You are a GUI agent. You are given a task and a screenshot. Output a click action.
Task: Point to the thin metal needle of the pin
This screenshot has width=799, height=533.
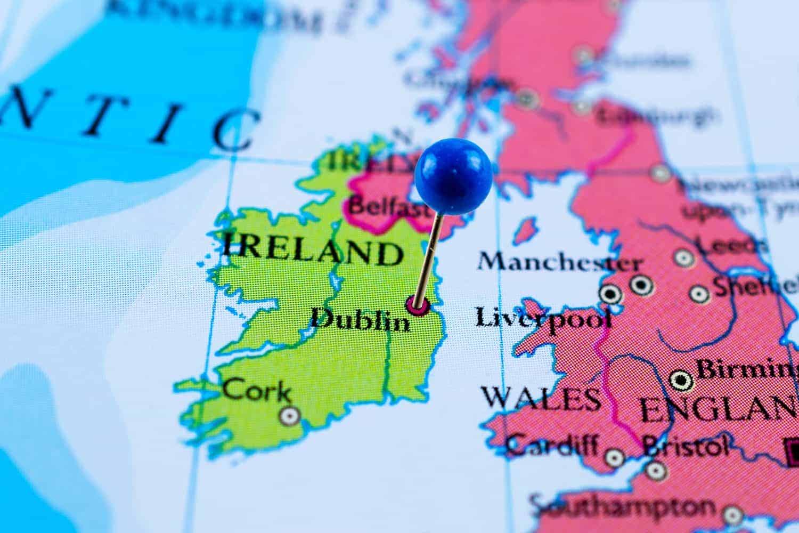(429, 256)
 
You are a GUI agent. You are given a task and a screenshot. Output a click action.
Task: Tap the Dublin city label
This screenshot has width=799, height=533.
(360, 321)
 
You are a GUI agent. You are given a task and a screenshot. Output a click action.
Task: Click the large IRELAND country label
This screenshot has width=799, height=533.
(312, 251)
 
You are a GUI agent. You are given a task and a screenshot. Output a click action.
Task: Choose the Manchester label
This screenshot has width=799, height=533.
(559, 262)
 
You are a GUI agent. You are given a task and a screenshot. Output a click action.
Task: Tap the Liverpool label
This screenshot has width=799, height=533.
(543, 318)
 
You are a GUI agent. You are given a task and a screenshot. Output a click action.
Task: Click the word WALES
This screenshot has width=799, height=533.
(541, 399)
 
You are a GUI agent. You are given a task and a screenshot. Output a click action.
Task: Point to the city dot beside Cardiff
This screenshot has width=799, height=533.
(615, 457)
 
